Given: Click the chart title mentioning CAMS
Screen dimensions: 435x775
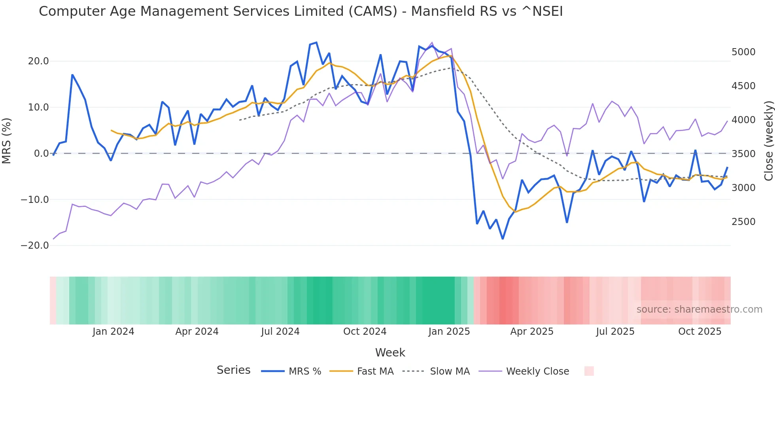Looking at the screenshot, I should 301,11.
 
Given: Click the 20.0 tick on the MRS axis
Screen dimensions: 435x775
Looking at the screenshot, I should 38,61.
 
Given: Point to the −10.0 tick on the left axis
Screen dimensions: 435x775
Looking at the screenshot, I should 35,199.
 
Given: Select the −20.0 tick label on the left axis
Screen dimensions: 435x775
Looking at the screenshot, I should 35,245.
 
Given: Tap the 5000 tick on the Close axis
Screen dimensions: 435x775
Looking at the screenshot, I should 743,52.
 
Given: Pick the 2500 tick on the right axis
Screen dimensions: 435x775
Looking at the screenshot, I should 743,221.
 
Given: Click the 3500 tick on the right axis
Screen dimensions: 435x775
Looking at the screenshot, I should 743,154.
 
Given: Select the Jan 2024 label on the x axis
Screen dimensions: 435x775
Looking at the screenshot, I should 113,331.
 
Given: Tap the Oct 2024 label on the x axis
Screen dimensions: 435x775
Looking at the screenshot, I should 365,331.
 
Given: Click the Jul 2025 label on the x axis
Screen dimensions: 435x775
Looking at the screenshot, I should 615,331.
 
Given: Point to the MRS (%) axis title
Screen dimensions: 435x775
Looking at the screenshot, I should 7,141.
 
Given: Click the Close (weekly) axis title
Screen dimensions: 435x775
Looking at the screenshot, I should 768,141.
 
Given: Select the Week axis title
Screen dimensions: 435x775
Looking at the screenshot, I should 390,352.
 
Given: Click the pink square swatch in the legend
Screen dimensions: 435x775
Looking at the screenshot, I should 589,371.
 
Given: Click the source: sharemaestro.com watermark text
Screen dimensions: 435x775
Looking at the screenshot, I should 699,309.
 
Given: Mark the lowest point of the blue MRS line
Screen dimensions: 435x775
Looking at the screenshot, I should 503,239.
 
